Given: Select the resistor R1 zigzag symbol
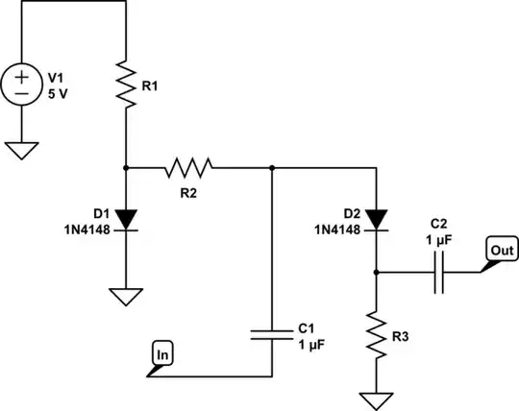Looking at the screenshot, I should pyautogui.click(x=126, y=85).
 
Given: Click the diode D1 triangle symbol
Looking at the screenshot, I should pyautogui.click(x=126, y=220).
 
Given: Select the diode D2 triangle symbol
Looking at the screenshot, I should pyautogui.click(x=376, y=221).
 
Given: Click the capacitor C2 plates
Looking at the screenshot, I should pyautogui.click(x=438, y=273).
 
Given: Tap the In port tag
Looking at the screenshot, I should pyautogui.click(x=162, y=356).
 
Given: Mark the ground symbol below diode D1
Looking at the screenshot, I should pyautogui.click(x=126, y=296).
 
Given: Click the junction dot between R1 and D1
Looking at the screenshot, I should pyautogui.click(x=126, y=168).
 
